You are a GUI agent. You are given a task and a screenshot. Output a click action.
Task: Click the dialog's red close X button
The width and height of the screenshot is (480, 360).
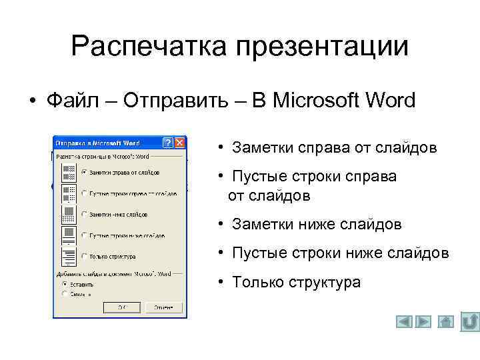pos(179,143)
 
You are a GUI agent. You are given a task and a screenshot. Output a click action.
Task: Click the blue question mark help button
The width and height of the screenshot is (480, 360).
pos(167,143)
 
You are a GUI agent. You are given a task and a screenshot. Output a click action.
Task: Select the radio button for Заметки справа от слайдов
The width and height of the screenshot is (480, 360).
pos(83,172)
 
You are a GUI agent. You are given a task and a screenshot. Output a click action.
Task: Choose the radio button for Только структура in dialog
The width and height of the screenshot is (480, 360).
pos(83,256)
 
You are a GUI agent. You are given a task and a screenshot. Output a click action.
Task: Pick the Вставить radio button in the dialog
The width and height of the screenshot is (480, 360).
pos(65,283)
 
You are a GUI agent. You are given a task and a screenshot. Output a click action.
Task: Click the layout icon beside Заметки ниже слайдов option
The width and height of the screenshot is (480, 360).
pos(68,214)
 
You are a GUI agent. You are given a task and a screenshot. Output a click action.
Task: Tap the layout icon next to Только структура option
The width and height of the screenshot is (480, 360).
pos(68,256)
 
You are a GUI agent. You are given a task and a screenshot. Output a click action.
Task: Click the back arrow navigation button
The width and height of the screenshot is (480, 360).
pos(404,322)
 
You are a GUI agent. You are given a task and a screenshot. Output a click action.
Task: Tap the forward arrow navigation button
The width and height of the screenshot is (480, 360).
pos(424,322)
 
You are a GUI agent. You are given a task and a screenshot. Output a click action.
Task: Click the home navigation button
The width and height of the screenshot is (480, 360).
pos(446,322)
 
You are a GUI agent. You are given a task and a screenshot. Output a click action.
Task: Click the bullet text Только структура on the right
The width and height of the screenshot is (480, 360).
pos(296,282)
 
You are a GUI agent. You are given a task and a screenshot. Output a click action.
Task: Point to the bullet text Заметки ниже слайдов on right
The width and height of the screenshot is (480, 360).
pos(317,225)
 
